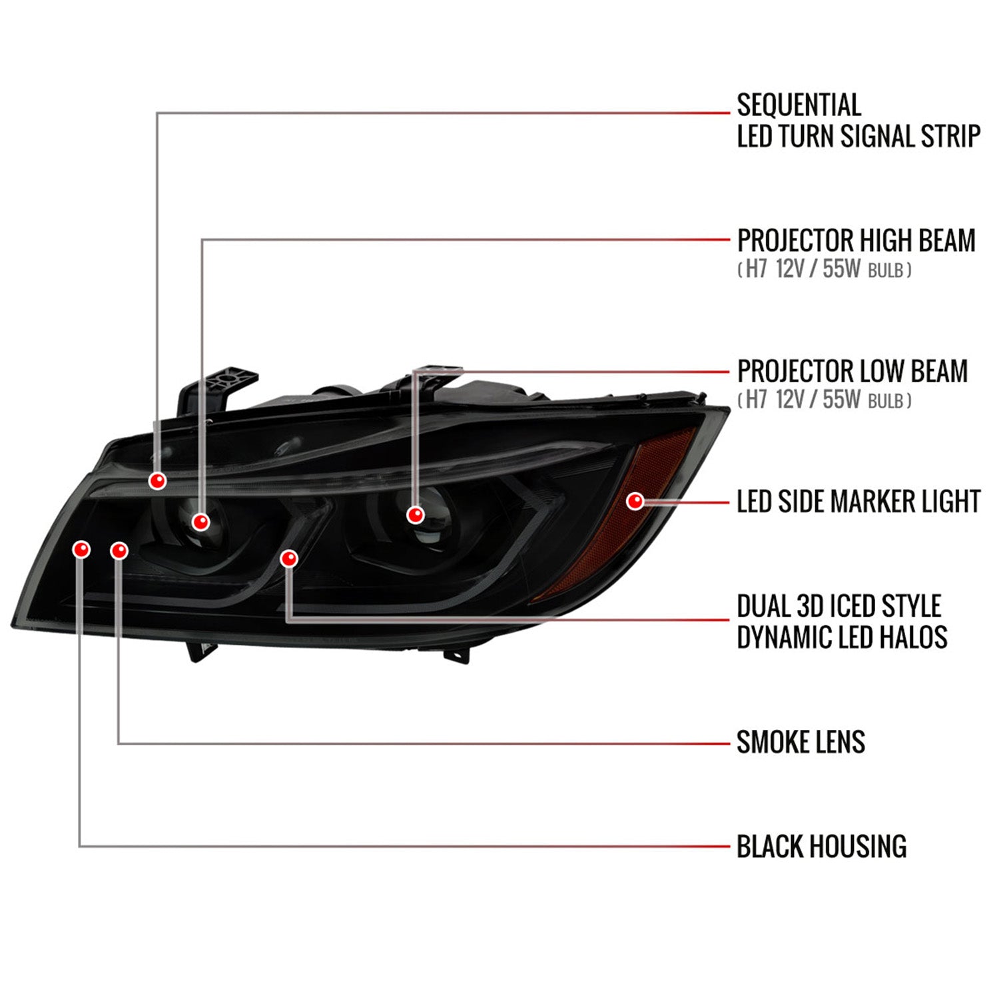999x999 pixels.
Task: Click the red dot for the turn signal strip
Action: click(157, 480)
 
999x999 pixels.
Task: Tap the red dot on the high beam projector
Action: click(200, 521)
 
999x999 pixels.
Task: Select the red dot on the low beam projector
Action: click(416, 515)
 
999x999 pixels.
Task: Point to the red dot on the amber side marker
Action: click(635, 501)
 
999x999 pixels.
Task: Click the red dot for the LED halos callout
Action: click(289, 558)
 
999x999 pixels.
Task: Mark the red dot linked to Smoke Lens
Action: click(119, 550)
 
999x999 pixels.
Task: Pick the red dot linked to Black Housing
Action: click(81, 549)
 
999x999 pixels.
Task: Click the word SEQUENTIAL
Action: click(799, 105)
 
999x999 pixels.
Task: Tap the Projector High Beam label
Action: click(856, 240)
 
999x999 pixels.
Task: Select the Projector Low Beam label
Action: click(852, 371)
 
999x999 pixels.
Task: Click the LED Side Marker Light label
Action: click(858, 501)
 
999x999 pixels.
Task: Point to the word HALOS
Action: click(914, 637)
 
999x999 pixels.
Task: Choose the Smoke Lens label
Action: click(801, 742)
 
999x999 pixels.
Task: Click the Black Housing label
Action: click(821, 846)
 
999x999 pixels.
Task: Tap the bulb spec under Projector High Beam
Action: click(824, 269)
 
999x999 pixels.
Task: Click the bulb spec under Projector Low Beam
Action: click(824, 400)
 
